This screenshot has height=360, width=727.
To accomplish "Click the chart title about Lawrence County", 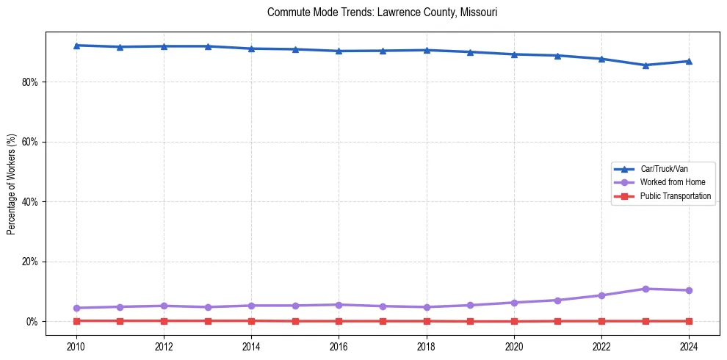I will point(383,12).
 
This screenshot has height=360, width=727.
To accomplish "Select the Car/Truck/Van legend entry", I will point(664,169).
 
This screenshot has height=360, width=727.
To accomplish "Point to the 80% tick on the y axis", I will point(29,82).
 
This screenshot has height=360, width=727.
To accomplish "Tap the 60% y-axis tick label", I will point(29,142).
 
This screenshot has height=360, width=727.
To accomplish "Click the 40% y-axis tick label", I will point(29,202).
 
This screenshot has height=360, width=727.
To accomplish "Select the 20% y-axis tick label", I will point(29,262).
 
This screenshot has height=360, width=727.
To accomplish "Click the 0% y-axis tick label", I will point(32,322).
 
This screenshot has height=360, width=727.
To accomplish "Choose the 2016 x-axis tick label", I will point(339,345).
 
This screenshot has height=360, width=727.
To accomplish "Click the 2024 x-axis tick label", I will point(689,345).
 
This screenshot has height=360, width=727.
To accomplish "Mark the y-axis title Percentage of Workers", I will point(12,184).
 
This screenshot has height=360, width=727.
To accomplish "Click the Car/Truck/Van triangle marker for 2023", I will point(645,65).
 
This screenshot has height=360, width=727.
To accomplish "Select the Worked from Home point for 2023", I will point(645,289).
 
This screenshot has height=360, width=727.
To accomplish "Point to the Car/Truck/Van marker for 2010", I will point(76,46).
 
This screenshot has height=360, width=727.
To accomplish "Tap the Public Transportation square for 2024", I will point(689,321).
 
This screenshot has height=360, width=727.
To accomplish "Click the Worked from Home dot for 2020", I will point(514,303).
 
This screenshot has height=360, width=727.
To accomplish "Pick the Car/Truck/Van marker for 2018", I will point(427,50).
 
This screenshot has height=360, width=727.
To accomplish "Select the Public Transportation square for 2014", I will point(251,321).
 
